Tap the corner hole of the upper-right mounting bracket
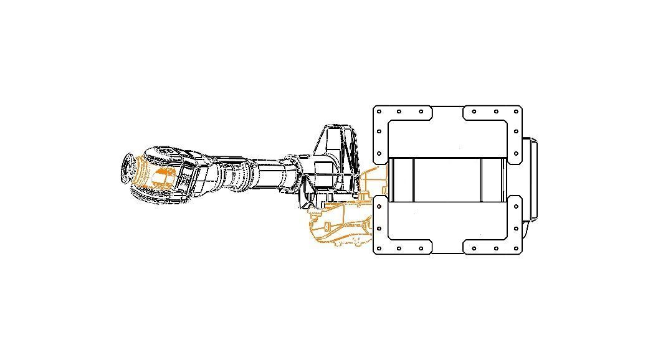tap(516, 112)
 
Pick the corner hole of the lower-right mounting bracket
tap(516, 249)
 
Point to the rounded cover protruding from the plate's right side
tap(530, 181)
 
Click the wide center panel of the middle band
tap(447, 179)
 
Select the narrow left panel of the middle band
tap(401, 179)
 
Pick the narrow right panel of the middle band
tap(493, 179)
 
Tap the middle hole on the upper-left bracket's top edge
tap(399, 112)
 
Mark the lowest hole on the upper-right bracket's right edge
tap(516, 152)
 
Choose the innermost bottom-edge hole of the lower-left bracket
tap(422, 249)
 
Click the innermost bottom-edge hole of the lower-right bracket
tap(474, 249)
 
